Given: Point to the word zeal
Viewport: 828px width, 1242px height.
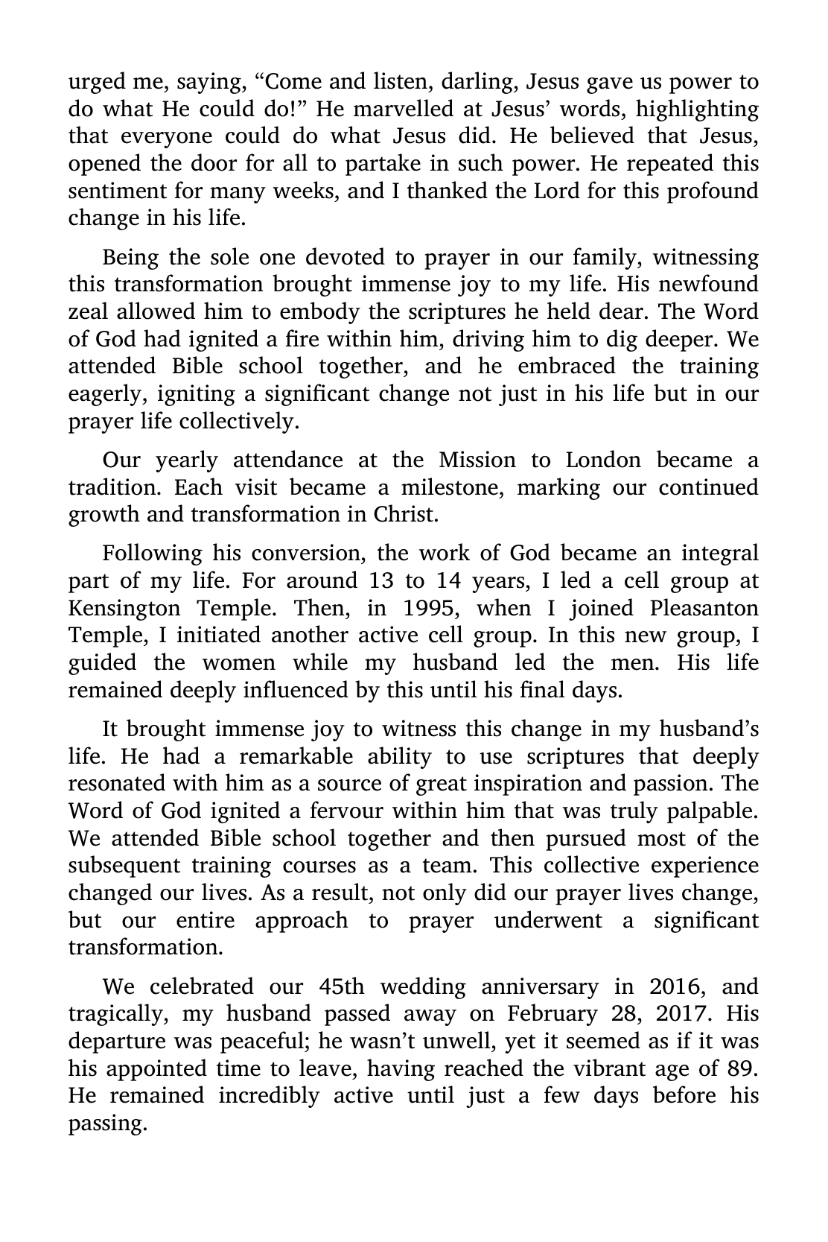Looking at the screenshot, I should click(x=89, y=312).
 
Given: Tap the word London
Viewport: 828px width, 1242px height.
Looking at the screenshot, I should click(x=602, y=460).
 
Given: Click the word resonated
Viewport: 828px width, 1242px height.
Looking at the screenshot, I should click(x=113, y=784).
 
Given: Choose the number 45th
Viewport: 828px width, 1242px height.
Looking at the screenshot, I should click(x=342, y=986).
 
